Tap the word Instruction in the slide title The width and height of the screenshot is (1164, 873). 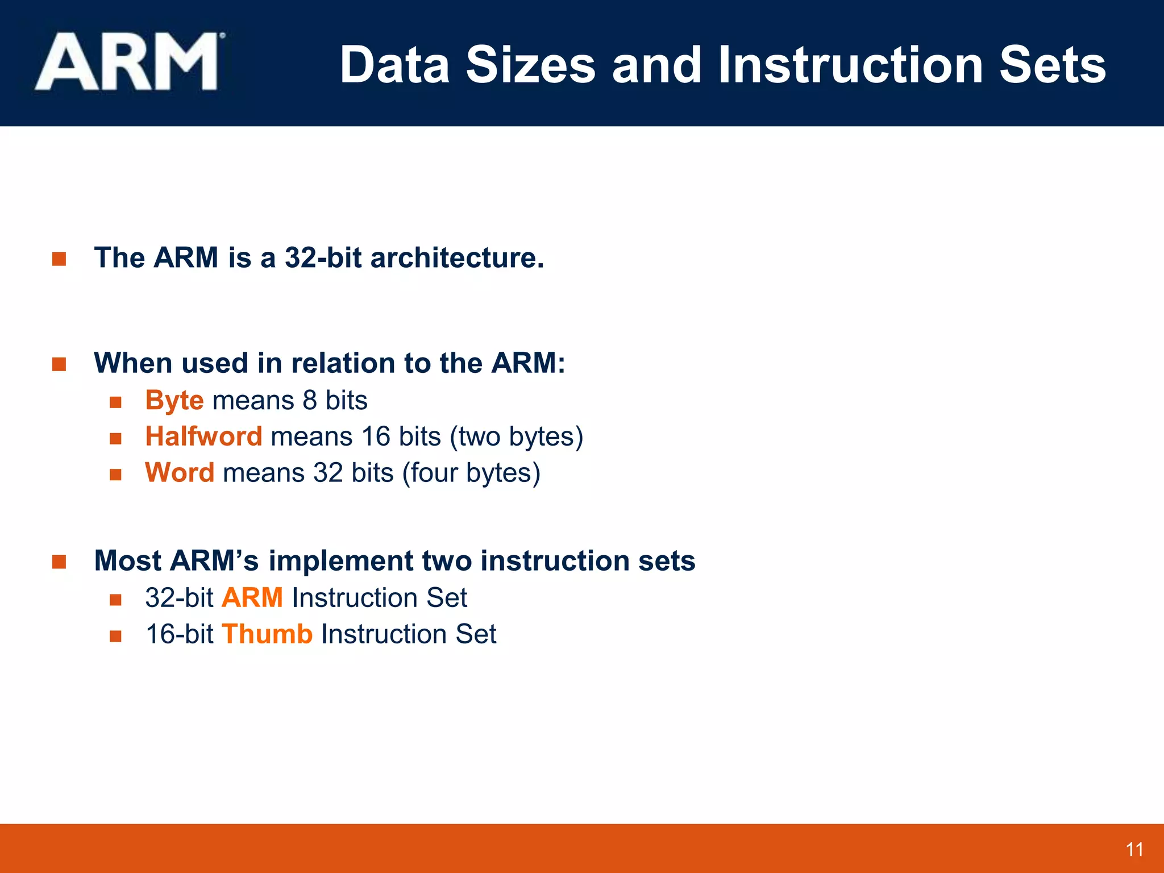[850, 65]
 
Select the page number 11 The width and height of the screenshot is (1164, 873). [1134, 850]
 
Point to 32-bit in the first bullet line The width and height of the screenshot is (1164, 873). [323, 258]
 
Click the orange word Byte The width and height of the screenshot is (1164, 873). [174, 401]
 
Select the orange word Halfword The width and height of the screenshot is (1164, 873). [203, 437]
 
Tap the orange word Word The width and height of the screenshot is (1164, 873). [180, 473]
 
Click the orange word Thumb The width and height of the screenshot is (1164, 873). [267, 634]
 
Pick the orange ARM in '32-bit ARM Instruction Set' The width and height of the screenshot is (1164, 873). [252, 598]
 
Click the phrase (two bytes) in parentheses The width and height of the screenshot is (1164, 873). [517, 437]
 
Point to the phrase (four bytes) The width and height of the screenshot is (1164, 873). [471, 473]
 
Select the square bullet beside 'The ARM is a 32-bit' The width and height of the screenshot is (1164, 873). [59, 259]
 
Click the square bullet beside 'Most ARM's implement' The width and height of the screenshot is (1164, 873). [59, 562]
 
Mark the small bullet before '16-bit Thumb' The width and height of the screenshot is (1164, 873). [116, 636]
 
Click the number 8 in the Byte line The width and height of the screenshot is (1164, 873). [310, 401]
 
